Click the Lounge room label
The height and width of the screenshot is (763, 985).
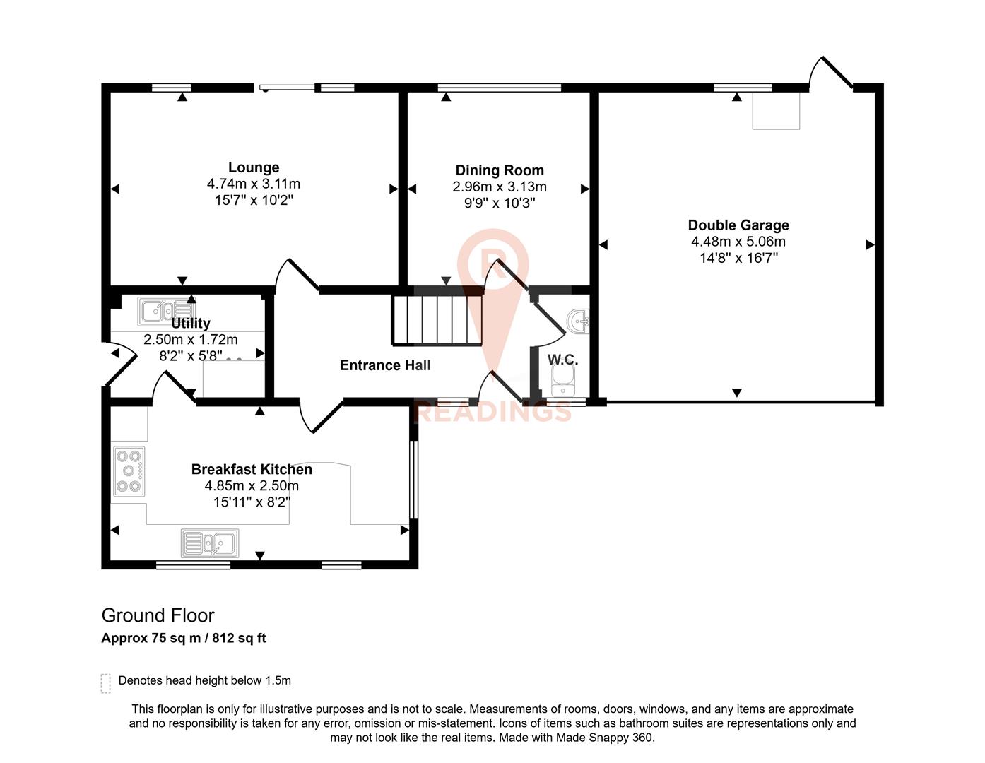click(253, 167)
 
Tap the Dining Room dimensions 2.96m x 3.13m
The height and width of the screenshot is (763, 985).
click(500, 187)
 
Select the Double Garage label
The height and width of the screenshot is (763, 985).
click(738, 225)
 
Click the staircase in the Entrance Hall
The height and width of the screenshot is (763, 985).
click(437, 320)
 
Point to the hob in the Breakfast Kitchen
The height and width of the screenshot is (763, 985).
click(129, 471)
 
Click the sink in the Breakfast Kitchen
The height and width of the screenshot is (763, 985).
click(210, 543)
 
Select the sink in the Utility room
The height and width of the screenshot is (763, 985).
click(167, 309)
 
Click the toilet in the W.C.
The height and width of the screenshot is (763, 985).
click(563, 386)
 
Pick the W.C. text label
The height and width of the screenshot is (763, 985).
click(562, 360)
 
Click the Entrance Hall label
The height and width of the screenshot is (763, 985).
click(385, 365)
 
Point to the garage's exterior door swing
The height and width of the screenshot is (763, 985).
click(830, 73)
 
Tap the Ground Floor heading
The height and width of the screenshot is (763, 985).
click(158, 615)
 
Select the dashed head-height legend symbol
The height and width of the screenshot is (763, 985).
click(106, 683)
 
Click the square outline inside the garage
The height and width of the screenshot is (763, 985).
click(776, 112)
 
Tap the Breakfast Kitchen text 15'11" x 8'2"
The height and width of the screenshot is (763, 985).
click(252, 502)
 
